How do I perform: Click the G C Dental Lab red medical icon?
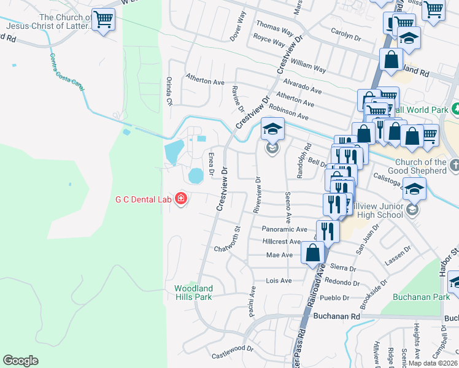pos(181,199)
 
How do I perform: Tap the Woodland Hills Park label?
pos(193,292)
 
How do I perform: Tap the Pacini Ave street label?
pos(252,301)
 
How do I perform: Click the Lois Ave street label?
pos(278,280)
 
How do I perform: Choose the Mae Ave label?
pos(279,255)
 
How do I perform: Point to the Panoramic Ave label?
pos(283,229)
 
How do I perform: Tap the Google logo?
pos(20,361)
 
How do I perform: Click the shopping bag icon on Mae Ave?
pos(313,252)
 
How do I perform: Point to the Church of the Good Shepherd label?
pos(420,166)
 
